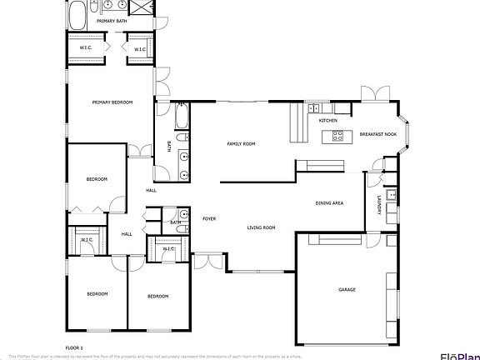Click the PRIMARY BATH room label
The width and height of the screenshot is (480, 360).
pyautogui.click(x=111, y=21)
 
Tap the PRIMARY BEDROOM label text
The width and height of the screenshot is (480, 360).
pyautogui.click(x=112, y=102)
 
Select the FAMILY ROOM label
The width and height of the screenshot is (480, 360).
pyautogui.click(x=241, y=143)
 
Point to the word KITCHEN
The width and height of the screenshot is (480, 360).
pyautogui.click(x=328, y=120)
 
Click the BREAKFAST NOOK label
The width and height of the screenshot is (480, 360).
pyautogui.click(x=377, y=134)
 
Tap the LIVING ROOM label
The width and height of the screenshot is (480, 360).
pyautogui.click(x=261, y=227)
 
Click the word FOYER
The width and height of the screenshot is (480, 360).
pyautogui.click(x=209, y=218)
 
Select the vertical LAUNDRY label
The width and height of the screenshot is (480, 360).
pyautogui.click(x=379, y=205)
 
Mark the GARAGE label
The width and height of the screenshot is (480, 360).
pyautogui.click(x=347, y=289)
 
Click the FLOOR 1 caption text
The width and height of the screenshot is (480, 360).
pyautogui.click(x=75, y=346)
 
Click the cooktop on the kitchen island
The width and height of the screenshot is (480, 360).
pyautogui.click(x=337, y=136)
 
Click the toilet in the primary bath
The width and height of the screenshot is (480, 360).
pyautogui.click(x=114, y=7)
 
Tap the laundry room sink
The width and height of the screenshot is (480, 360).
pyautogui.click(x=391, y=197)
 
